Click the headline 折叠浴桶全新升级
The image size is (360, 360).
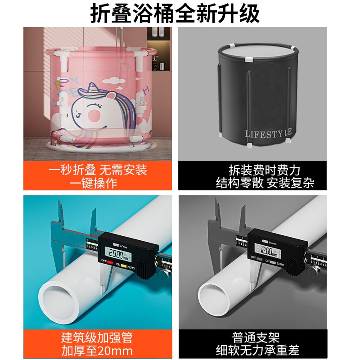175,13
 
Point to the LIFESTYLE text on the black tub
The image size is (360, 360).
268,134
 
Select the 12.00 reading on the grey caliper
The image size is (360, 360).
267,251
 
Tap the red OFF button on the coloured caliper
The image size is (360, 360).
110,262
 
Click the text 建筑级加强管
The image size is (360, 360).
97,337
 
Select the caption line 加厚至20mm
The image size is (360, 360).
97,351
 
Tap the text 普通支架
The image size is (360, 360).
256,337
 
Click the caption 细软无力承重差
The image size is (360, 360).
257,350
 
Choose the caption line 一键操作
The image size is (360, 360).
94,184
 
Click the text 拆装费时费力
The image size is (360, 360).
265,170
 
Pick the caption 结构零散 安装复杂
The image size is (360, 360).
265,183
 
